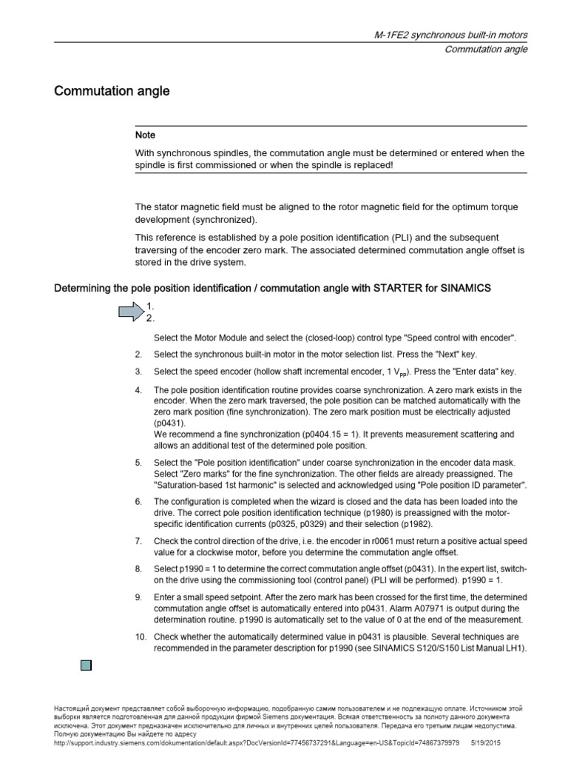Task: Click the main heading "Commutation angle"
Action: click(x=112, y=92)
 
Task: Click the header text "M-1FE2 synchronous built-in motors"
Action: click(x=449, y=36)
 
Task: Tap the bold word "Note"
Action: click(x=145, y=135)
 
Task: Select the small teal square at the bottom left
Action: click(x=85, y=665)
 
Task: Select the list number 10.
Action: click(x=139, y=637)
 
